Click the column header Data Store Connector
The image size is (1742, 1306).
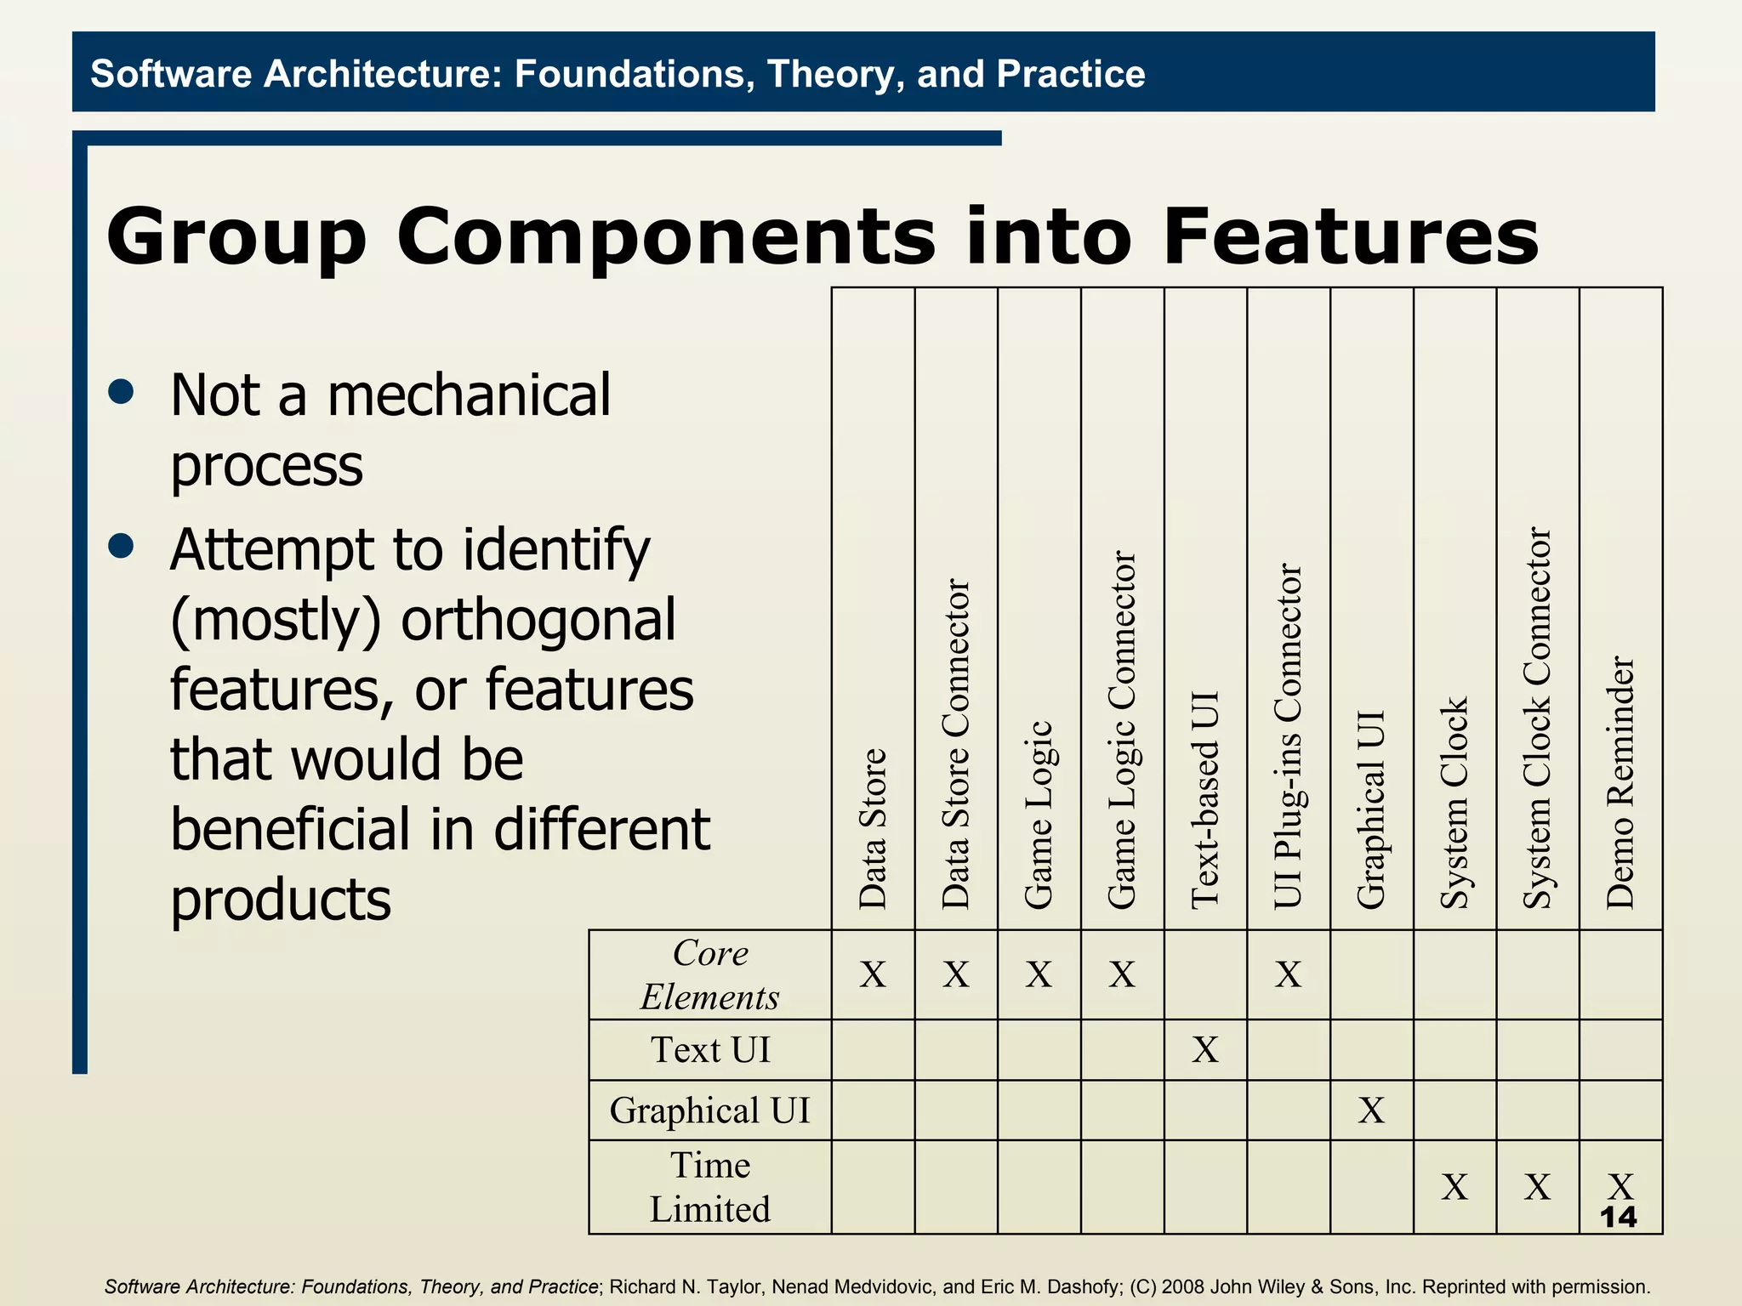coord(956,744)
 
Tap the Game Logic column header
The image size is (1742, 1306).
coord(1039,814)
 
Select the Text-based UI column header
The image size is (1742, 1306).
coord(1205,799)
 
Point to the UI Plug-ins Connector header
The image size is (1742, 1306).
coord(1289,735)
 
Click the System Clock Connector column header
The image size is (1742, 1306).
coord(1537,718)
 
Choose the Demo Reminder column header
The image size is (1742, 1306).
coord(1620,782)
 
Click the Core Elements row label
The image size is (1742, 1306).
coord(710,974)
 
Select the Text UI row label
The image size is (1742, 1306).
coord(710,1050)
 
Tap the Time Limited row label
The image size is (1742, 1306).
coord(710,1187)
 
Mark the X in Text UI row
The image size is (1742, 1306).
coord(1205,1050)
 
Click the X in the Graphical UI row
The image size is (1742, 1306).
coord(1371,1110)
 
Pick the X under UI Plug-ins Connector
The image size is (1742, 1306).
coord(1289,974)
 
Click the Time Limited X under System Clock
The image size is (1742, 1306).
coord(1455,1187)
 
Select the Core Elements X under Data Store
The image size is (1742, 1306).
coord(873,974)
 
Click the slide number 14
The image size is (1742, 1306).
coord(1618,1218)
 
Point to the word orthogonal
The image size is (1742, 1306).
coord(538,620)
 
